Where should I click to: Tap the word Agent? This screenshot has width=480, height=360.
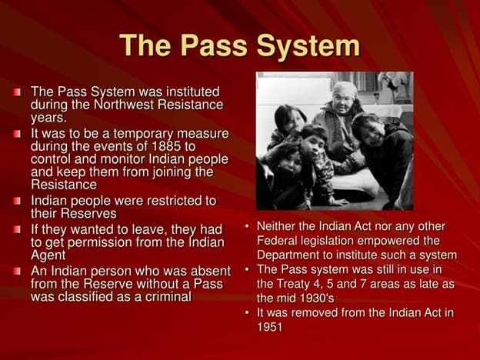(48, 255)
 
